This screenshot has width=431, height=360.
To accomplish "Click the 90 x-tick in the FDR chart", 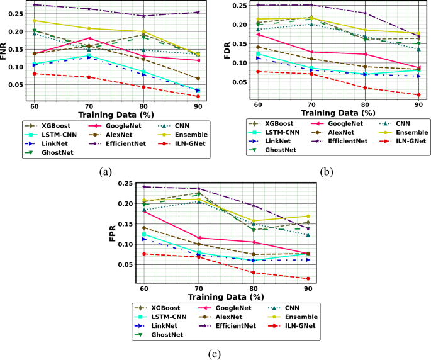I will [x=419, y=104].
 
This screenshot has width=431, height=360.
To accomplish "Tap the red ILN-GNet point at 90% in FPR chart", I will [x=308, y=278].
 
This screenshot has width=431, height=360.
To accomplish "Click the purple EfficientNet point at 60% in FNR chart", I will [x=35, y=5].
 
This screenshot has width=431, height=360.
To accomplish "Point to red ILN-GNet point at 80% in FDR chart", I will [x=365, y=87].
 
